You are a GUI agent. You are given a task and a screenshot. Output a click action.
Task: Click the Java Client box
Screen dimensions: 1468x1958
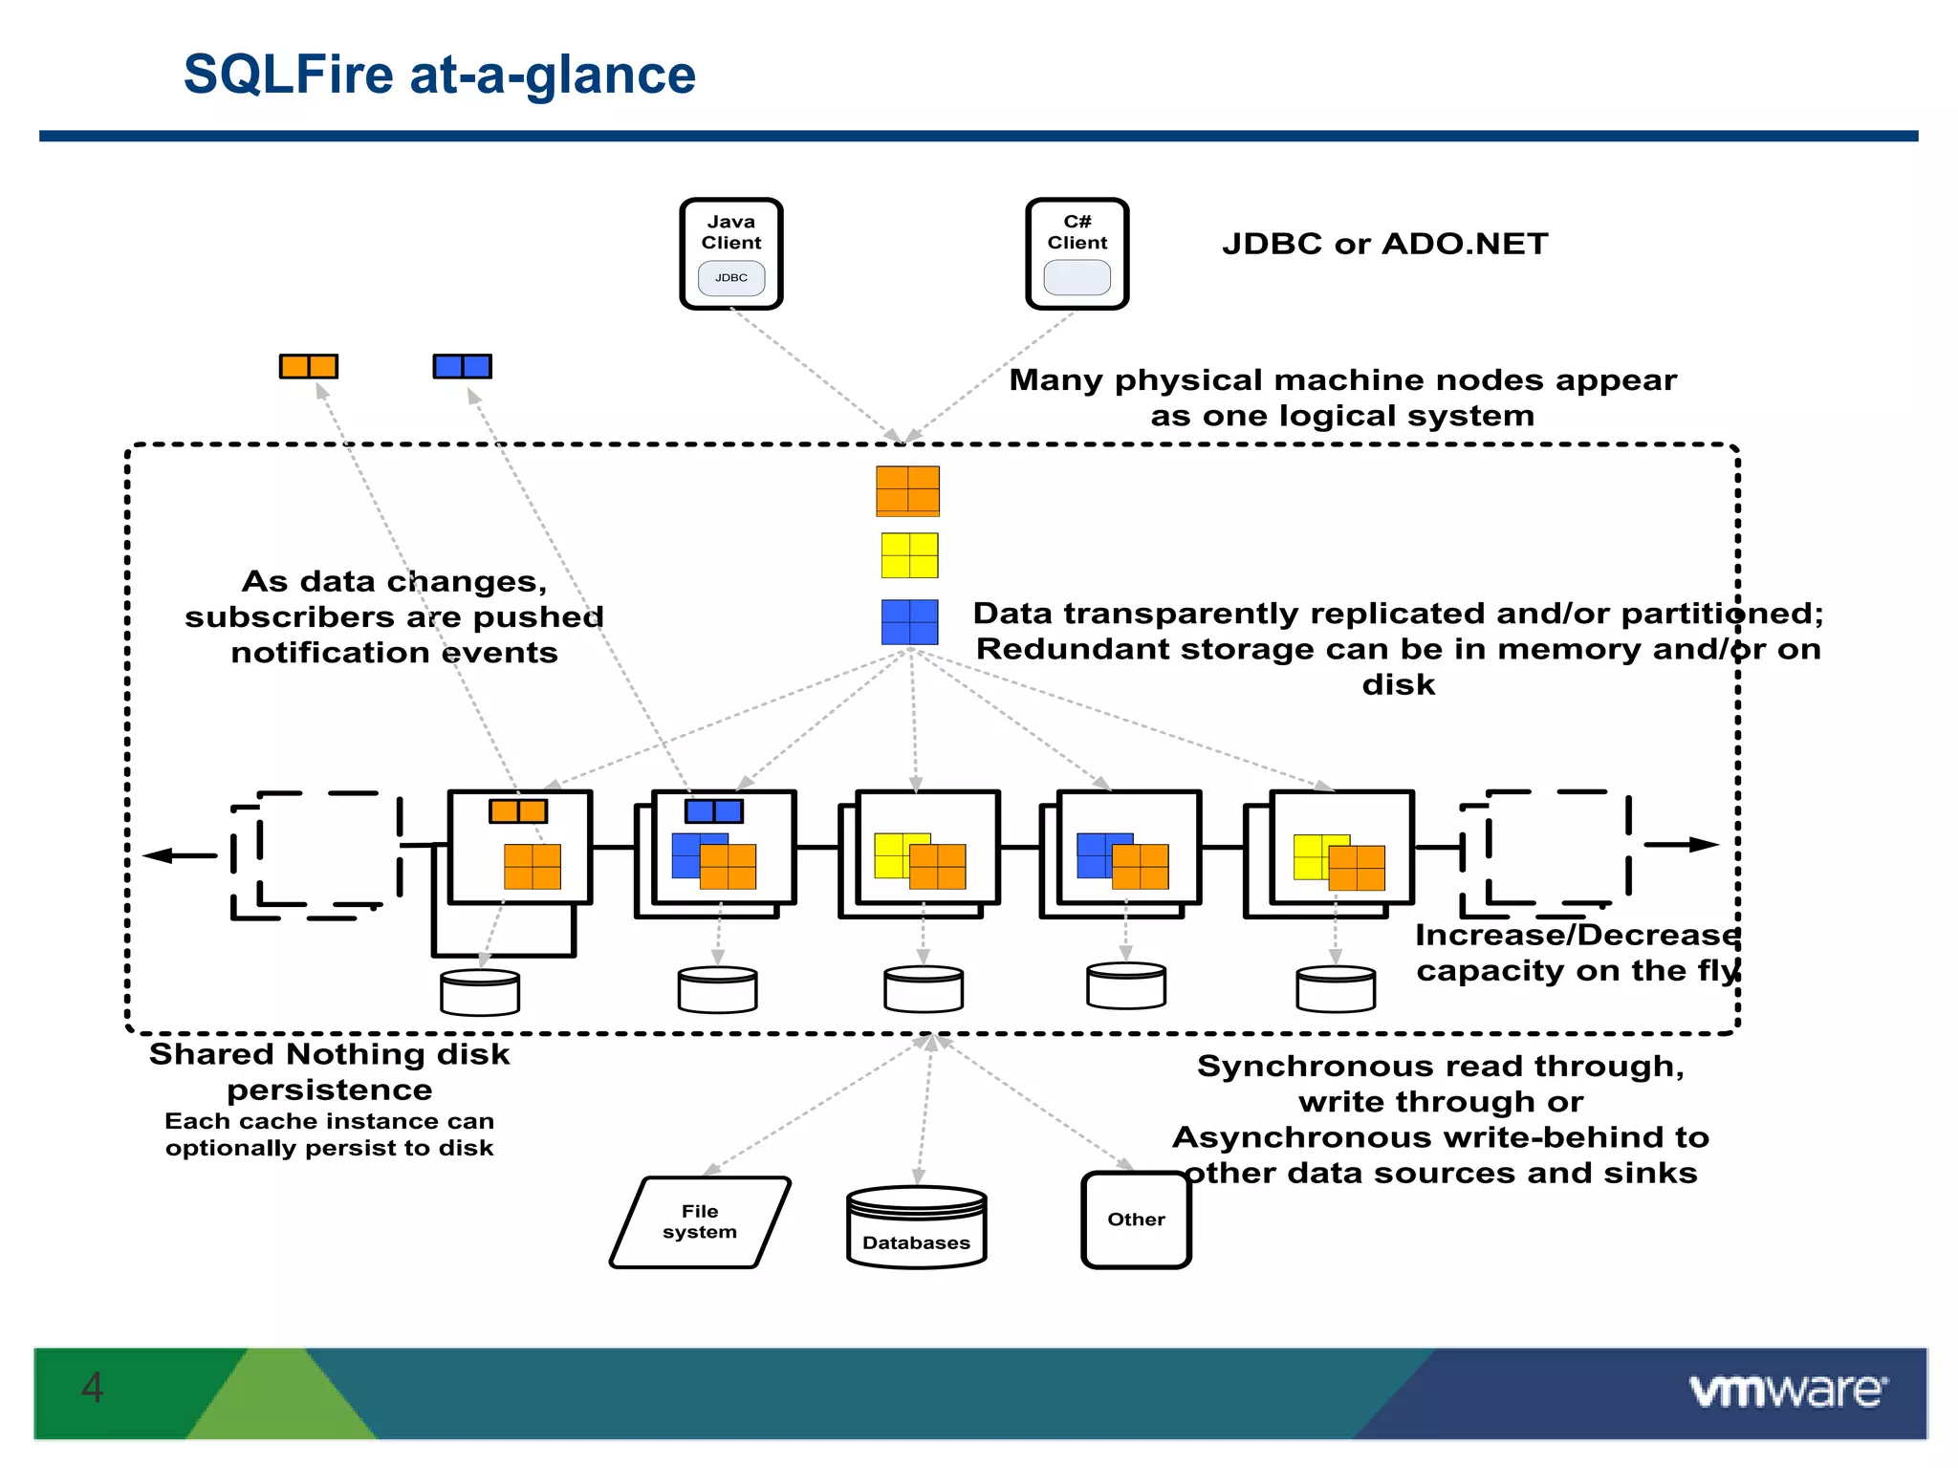[731, 252]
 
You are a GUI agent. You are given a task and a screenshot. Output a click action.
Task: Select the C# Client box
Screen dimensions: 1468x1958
[1077, 252]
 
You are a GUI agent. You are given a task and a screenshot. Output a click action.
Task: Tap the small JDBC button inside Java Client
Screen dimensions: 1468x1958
[731, 278]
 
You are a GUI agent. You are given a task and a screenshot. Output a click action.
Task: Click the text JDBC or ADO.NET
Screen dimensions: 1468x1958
[1384, 244]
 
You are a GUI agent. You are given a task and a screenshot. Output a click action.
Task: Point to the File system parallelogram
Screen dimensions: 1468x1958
[700, 1222]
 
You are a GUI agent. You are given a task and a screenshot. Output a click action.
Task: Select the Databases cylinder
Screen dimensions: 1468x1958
[916, 1229]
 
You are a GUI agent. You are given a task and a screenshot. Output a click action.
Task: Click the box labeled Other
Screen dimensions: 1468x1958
[1136, 1220]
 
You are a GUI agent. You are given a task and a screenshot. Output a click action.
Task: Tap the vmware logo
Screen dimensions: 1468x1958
[1788, 1391]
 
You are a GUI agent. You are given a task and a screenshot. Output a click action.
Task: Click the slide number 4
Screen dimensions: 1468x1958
[93, 1388]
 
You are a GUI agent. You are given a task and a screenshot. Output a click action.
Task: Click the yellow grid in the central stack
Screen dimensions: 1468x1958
[909, 555]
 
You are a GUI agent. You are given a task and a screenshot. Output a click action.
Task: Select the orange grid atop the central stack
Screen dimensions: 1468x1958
[907, 490]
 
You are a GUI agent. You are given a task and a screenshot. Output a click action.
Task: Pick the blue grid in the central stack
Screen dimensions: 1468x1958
[909, 622]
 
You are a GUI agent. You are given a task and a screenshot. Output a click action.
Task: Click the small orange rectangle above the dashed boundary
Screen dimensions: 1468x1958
[309, 366]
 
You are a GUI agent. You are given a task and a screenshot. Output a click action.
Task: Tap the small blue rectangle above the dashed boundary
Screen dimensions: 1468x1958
[462, 366]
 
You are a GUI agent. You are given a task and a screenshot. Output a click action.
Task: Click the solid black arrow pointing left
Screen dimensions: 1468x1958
[181, 855]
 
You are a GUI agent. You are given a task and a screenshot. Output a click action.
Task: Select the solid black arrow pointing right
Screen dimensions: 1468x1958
[1682, 844]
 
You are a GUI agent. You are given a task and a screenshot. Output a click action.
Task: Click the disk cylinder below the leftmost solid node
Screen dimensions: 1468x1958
[480, 992]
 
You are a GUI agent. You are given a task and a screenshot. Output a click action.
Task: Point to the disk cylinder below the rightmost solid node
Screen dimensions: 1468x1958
[1336, 988]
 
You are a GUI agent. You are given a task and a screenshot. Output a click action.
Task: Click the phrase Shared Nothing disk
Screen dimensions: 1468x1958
[330, 1054]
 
